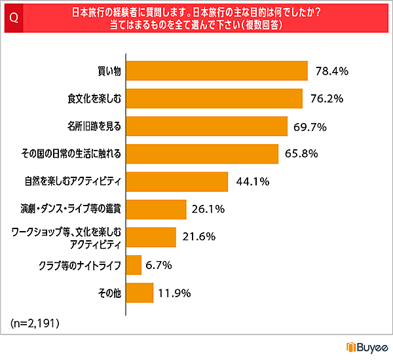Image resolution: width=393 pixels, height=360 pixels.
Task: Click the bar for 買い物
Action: (217, 70)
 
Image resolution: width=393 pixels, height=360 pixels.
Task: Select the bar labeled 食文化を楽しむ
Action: (214, 98)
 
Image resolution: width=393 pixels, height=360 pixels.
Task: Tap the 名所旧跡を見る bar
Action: (207, 126)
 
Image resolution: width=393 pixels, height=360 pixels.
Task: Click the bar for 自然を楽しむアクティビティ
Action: (177, 182)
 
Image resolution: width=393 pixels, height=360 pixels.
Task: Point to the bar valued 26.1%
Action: (156, 209)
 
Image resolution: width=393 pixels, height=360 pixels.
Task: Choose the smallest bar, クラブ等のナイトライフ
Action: (134, 265)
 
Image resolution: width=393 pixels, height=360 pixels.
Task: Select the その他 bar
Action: (140, 293)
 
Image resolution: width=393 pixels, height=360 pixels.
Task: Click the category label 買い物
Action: (107, 71)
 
